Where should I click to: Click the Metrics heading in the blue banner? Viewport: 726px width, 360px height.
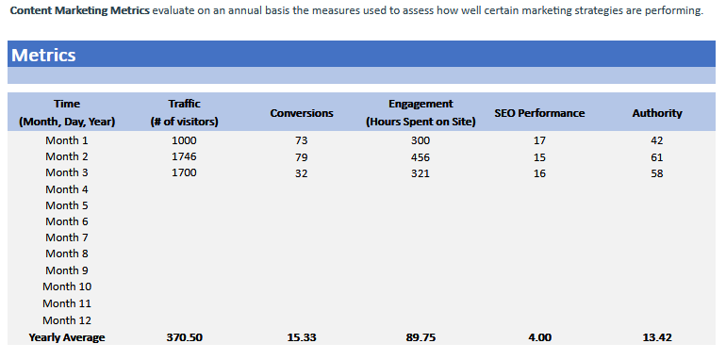tap(44, 55)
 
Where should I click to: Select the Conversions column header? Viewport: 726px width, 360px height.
tap(302, 113)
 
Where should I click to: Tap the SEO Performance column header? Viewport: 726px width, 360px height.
tap(539, 113)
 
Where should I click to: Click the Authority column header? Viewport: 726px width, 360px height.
tap(657, 113)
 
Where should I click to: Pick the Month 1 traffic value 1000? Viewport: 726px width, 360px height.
tap(184, 140)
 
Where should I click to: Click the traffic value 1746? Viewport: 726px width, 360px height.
tap(184, 156)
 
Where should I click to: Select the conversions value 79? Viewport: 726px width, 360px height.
tap(302, 156)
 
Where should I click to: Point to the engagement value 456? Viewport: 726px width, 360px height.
tap(421, 156)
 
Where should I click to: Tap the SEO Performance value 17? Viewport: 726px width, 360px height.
tap(539, 140)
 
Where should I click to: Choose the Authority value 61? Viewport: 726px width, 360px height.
tap(657, 156)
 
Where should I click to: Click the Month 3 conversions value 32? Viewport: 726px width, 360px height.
tap(302, 172)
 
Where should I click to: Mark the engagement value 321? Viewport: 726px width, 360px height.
tap(421, 172)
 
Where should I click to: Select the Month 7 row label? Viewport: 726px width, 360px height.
tap(67, 237)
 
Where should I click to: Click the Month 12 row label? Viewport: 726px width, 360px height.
tap(67, 319)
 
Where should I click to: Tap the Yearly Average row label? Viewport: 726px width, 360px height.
tap(67, 337)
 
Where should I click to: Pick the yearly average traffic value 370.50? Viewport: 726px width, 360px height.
tap(184, 337)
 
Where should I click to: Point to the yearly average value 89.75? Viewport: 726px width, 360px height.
tap(421, 337)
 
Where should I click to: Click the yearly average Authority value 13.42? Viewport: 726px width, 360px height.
tap(657, 337)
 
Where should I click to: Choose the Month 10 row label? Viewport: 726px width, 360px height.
tap(67, 286)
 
